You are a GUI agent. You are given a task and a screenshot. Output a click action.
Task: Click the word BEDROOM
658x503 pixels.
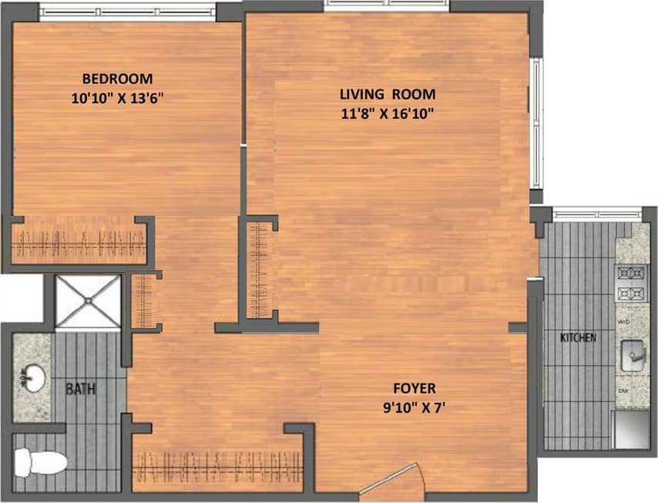(117, 79)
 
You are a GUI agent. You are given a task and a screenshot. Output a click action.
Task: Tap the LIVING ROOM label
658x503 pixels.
(388, 95)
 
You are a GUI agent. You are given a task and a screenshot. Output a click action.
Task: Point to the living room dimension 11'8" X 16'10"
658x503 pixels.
(388, 114)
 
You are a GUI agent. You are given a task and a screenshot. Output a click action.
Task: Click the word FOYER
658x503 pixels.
(414, 388)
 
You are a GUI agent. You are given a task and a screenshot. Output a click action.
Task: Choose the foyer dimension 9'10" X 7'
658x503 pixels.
(414, 407)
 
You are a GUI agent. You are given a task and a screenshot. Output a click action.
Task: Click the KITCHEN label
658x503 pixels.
(578, 338)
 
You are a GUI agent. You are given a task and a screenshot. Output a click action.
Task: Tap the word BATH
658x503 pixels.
(80, 390)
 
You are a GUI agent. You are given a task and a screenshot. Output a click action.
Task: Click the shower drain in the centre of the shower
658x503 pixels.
(88, 302)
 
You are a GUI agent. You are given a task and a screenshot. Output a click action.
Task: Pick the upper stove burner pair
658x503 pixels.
(631, 273)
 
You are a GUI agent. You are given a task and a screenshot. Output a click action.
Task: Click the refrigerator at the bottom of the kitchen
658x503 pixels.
(631, 430)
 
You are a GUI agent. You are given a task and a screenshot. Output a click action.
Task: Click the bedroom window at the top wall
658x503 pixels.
(127, 12)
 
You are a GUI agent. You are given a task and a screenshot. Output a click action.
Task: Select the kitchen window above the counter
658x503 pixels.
(597, 211)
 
